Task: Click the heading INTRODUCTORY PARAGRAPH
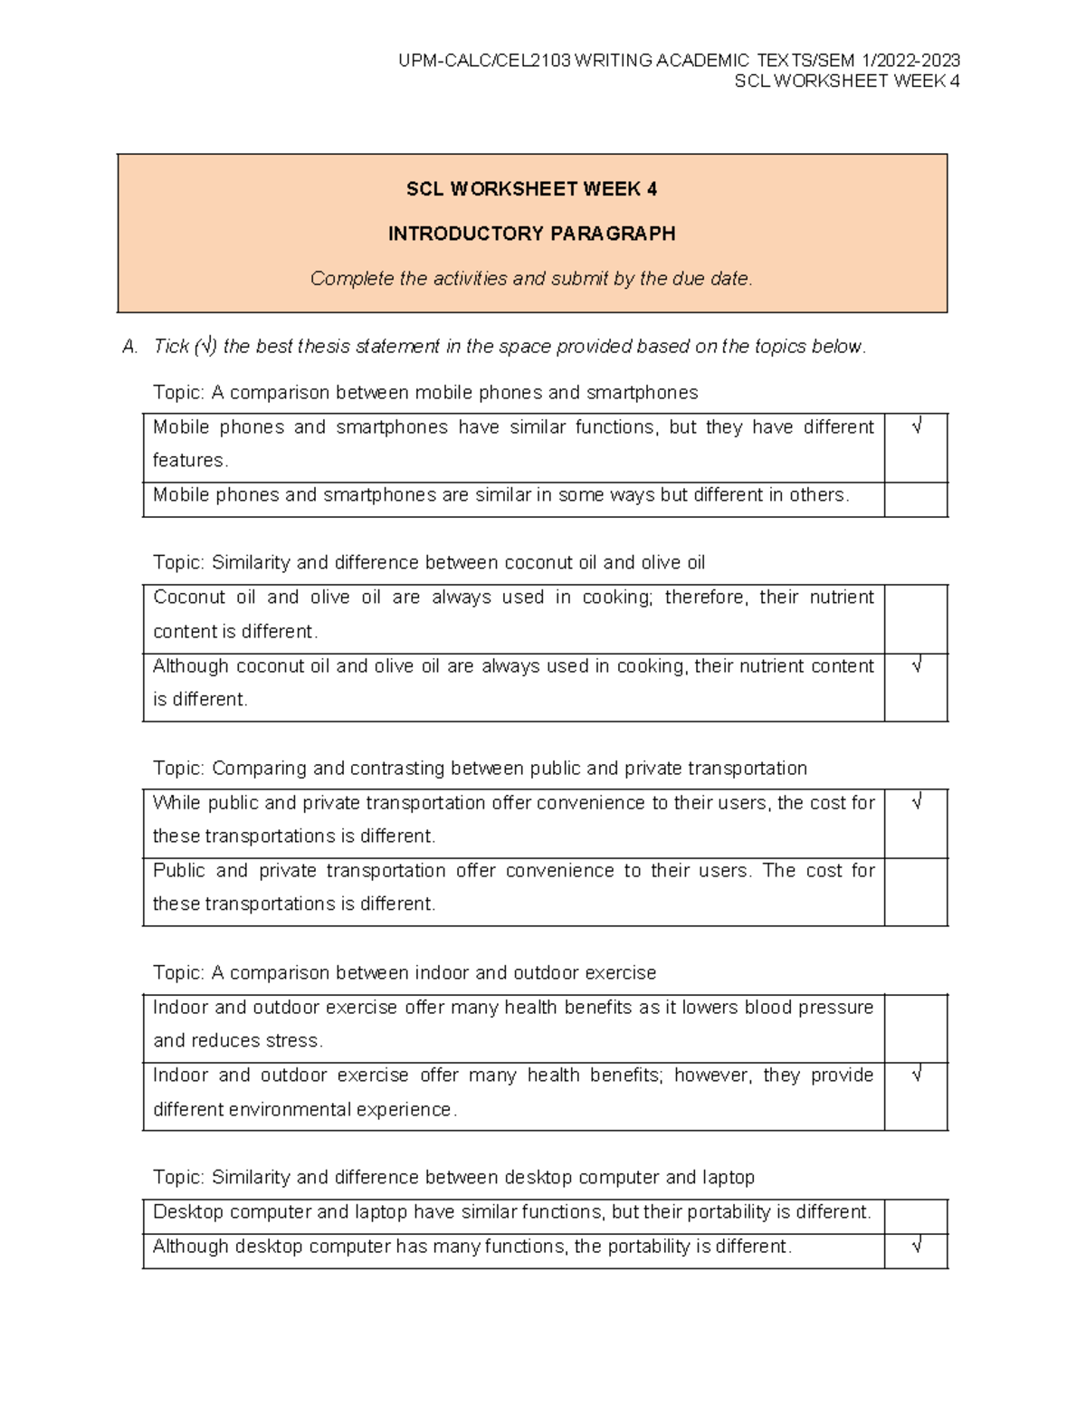click(x=531, y=234)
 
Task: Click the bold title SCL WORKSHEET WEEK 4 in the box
click(x=531, y=189)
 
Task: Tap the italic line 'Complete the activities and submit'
click(x=531, y=279)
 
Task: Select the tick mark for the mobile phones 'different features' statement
click(x=917, y=426)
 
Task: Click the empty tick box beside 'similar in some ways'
click(x=916, y=499)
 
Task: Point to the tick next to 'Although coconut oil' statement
click(x=917, y=666)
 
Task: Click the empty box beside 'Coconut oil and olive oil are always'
click(x=916, y=618)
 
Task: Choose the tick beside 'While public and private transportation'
click(x=917, y=803)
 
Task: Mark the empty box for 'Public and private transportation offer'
click(x=916, y=892)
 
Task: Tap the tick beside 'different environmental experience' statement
click(x=917, y=1076)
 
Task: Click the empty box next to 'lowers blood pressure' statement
click(x=916, y=1028)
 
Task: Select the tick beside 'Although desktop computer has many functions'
click(x=917, y=1247)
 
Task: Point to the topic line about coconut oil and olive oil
click(x=429, y=563)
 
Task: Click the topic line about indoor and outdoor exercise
click(x=405, y=973)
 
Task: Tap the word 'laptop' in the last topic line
click(x=728, y=1178)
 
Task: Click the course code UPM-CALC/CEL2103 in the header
click(x=484, y=61)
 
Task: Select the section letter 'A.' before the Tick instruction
click(x=130, y=347)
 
